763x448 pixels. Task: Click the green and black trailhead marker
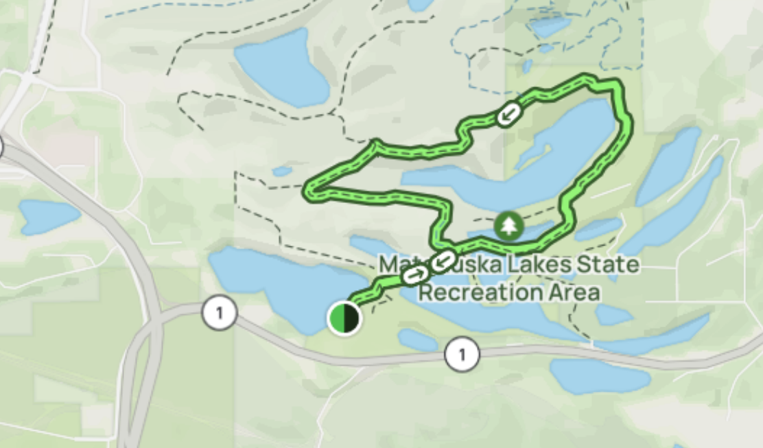(x=344, y=318)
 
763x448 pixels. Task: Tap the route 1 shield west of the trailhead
(x=219, y=314)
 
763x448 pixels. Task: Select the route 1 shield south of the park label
(x=462, y=355)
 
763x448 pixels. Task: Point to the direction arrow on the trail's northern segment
(x=507, y=115)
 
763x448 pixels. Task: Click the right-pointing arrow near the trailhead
(x=414, y=275)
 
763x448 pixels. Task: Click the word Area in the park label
(x=576, y=292)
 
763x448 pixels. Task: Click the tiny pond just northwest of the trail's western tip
(x=281, y=171)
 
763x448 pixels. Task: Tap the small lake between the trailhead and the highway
(x=417, y=340)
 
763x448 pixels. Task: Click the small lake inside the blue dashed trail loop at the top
(x=549, y=27)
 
